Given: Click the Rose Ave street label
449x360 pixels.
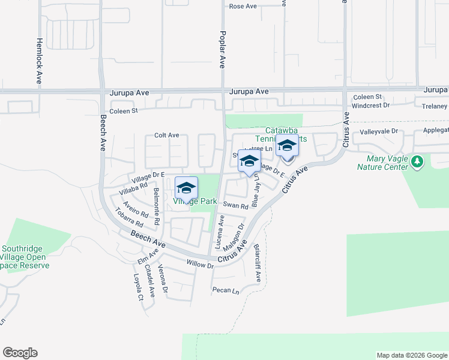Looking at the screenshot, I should pyautogui.click(x=243, y=7).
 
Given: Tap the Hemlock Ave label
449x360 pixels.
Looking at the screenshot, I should pyautogui.click(x=39, y=61).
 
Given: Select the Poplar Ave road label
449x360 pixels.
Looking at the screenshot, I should pyautogui.click(x=222, y=49).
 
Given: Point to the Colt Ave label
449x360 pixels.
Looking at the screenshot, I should pyautogui.click(x=166, y=136).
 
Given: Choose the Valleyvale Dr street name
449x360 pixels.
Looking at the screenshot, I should pyautogui.click(x=379, y=131).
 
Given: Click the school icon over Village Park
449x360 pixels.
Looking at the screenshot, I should pyautogui.click(x=186, y=188).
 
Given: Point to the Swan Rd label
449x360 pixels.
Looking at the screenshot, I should pyautogui.click(x=235, y=206).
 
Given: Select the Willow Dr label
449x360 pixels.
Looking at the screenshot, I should pyautogui.click(x=199, y=264).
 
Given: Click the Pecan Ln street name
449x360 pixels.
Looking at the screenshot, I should pyautogui.click(x=225, y=291).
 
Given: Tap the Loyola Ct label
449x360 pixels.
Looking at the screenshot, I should pyautogui.click(x=137, y=287).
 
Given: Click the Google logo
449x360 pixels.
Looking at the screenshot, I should pyautogui.click(x=20, y=353).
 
